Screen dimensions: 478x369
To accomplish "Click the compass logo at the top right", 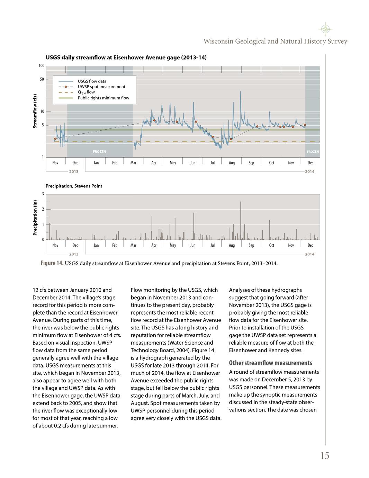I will pos(325,29).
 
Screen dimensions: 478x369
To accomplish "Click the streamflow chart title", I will pos(126,57).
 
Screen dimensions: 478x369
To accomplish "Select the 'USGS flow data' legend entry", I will pos(92,81).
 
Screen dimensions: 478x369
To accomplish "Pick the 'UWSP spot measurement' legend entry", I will pos(101,87).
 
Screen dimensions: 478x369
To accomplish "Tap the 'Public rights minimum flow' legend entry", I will pos(103,98).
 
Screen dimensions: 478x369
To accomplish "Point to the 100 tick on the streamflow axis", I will pos(41,66).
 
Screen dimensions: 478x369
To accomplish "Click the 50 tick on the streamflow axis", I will pos(42,79).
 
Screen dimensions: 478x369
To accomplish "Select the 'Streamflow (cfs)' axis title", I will pos(35,111).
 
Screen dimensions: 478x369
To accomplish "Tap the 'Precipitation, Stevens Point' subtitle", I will pos(74,186).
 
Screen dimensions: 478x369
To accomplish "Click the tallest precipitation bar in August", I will pos(241,220).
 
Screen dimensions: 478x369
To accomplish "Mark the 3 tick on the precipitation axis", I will pos(43,194).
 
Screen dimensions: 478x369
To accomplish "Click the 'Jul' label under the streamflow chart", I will pos(213,163).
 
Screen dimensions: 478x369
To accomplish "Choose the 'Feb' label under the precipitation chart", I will pos(115,245).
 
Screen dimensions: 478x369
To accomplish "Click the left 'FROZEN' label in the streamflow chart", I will pos(99,152).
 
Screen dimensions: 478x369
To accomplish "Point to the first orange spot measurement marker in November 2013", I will pos(55,139).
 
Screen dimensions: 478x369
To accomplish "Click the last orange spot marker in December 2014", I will pos(305,125).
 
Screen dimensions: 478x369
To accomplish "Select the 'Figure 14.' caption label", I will pos(52,263).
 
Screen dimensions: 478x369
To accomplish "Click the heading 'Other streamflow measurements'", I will pos(270,363).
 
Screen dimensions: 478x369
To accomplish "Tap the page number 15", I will pos(324,456).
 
